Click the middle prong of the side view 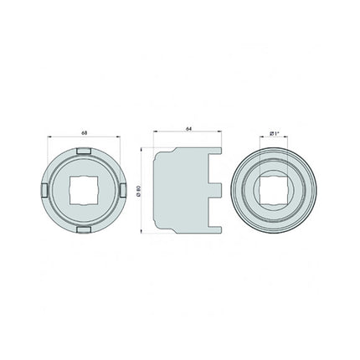215,189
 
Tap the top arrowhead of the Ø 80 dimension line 143,151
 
